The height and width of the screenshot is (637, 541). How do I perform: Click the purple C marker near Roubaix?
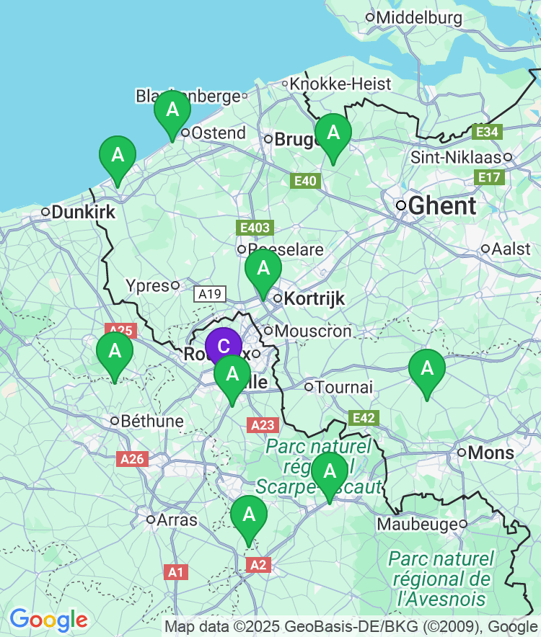(224, 347)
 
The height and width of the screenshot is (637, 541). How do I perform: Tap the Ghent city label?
(442, 205)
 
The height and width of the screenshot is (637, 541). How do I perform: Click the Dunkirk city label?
(84, 212)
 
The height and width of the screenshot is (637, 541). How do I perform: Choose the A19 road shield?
(210, 293)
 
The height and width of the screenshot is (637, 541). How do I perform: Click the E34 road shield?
(487, 132)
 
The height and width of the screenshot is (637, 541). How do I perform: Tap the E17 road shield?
(489, 177)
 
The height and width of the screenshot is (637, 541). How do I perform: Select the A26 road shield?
(133, 459)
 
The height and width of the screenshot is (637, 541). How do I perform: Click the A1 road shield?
(175, 572)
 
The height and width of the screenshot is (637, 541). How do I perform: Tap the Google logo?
(48, 619)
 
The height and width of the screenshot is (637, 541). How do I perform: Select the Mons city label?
(491, 453)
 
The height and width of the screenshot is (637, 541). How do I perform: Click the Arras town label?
(177, 519)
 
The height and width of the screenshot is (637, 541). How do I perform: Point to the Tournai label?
(344, 387)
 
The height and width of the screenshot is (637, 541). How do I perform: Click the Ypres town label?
(147, 286)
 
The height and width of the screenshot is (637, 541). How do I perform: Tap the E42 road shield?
(364, 418)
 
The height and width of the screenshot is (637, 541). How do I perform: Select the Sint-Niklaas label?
(461, 156)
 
